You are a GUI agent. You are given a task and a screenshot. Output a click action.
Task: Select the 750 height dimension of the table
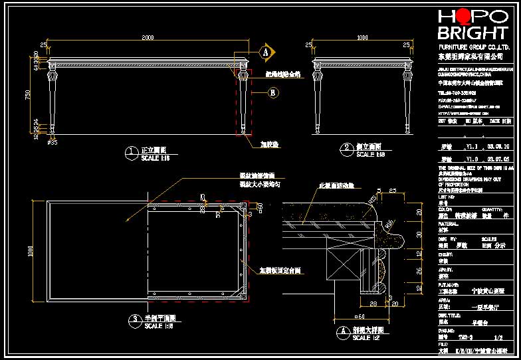point(28,94)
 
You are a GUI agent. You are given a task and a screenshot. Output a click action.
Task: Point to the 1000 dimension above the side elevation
point(362,38)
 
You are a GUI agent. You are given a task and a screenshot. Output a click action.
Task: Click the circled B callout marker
point(272,94)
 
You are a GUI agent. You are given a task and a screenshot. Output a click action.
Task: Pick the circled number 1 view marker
point(130,152)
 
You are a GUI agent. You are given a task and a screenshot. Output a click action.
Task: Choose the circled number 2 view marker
point(346,148)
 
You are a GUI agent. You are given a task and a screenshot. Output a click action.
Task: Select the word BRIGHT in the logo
point(471,33)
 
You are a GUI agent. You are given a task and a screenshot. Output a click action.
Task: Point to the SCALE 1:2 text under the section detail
point(365,337)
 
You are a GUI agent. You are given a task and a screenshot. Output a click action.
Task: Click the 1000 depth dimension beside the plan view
point(29,250)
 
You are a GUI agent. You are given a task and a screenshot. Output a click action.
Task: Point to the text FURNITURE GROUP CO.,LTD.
point(472,48)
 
